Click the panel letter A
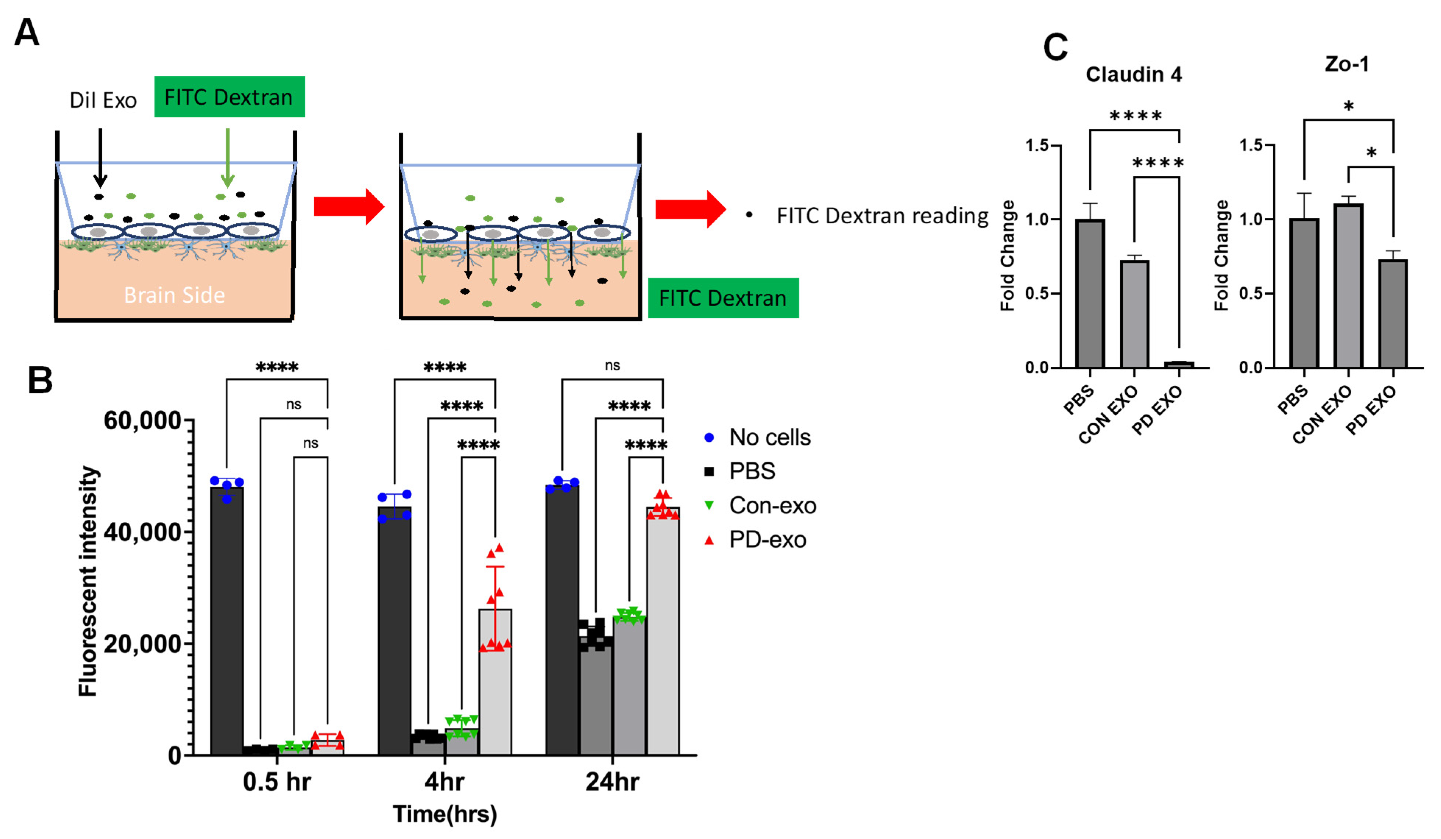(x=27, y=33)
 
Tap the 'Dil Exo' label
(x=103, y=101)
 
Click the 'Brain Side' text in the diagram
(x=174, y=295)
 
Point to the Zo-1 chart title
(x=1347, y=64)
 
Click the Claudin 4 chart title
(x=1133, y=74)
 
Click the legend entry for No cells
(x=769, y=437)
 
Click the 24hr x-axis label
(x=612, y=781)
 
